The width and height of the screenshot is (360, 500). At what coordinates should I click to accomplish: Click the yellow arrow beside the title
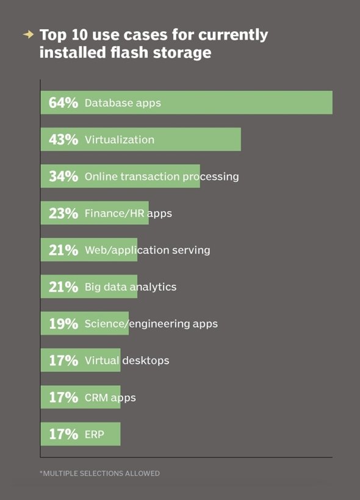tap(29, 34)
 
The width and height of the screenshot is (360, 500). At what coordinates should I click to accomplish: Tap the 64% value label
tap(63, 102)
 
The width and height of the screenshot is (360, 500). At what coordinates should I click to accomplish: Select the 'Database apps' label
tap(123, 103)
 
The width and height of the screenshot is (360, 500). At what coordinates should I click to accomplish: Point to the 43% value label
tap(63, 140)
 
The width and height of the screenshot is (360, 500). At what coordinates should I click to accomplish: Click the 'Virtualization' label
tap(120, 140)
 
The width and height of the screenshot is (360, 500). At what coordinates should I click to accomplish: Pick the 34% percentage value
tap(63, 176)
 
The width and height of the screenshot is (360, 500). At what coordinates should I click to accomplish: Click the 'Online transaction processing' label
tap(162, 177)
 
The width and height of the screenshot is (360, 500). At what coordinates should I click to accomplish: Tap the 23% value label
tap(63, 213)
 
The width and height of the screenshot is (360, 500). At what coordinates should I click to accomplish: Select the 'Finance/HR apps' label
tap(128, 213)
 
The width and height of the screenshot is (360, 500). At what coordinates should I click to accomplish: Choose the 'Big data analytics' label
tap(130, 287)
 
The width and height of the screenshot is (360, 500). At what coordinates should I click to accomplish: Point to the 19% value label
tap(63, 324)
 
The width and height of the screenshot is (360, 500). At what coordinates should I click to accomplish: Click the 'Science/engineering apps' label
tap(151, 324)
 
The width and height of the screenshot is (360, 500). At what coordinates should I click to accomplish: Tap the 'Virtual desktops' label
tap(127, 360)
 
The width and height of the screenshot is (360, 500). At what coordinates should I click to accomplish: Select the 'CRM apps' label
tap(110, 398)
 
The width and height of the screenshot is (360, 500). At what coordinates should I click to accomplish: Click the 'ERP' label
tap(94, 434)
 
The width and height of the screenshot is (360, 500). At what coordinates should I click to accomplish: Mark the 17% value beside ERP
tap(63, 434)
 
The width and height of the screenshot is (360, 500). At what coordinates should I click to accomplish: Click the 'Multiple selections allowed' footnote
tap(99, 473)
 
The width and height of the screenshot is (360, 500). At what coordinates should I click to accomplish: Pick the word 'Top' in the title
tap(53, 35)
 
